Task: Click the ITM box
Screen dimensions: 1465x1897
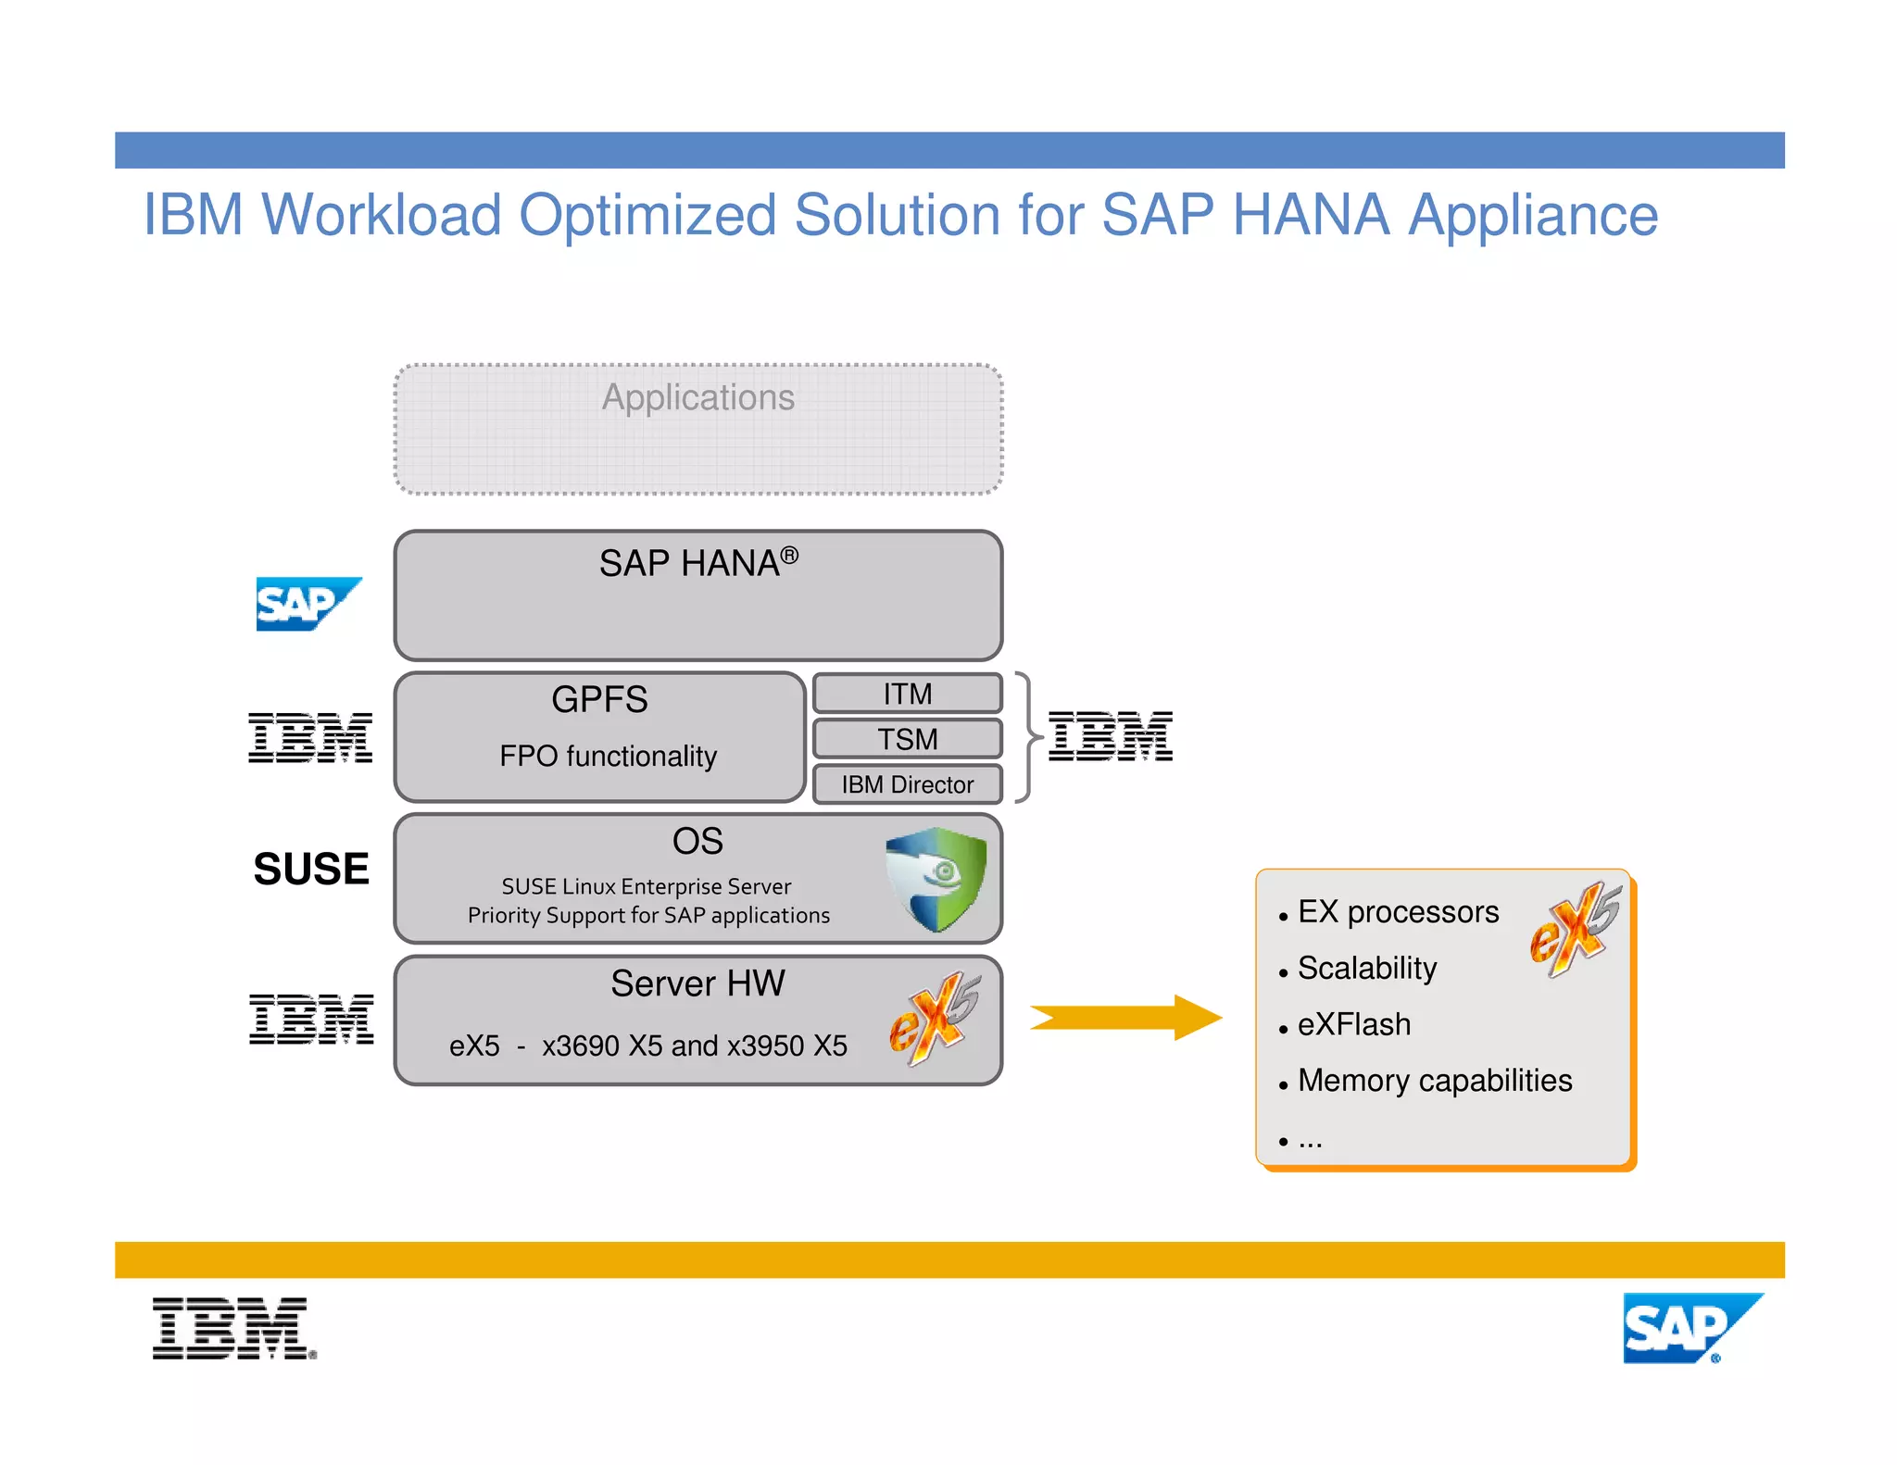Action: tap(907, 694)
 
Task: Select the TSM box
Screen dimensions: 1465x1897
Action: tap(907, 739)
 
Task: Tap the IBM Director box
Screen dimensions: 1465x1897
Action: tap(907, 784)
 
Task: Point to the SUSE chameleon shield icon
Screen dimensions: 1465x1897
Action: tap(936, 878)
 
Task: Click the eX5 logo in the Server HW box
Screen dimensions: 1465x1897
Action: tap(934, 1018)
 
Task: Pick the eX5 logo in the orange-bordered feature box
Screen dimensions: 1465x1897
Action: tap(1575, 929)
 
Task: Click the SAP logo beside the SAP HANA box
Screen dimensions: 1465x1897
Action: tap(307, 604)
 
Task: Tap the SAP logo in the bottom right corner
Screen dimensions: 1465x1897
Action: tap(1691, 1328)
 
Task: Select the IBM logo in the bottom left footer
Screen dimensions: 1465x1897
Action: tap(233, 1328)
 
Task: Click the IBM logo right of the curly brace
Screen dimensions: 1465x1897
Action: tap(1110, 737)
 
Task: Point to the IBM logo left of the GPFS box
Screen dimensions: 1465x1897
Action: tap(310, 738)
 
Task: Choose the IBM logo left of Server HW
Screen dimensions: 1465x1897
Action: tap(311, 1019)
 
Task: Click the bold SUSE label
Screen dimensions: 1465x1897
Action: tap(311, 869)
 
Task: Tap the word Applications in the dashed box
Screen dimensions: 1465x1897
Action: tap(698, 397)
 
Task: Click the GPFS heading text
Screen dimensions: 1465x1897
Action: tap(599, 699)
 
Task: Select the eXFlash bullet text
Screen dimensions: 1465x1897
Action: tap(1353, 1024)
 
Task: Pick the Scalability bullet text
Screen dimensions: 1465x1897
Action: tap(1366, 968)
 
